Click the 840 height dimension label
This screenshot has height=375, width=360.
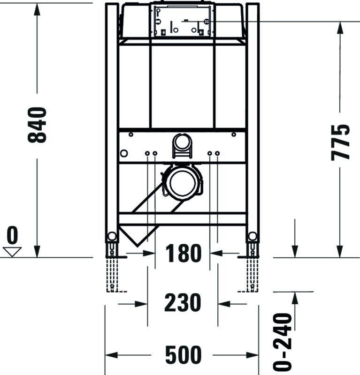point(37,125)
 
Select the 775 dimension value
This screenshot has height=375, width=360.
point(340,142)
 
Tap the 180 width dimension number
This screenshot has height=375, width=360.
point(184,253)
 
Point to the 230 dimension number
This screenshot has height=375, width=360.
point(183,302)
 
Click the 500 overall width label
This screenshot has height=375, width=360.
point(183,355)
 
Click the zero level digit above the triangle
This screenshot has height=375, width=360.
point(12,235)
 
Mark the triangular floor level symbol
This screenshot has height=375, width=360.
point(12,252)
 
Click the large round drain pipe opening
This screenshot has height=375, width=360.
point(183,182)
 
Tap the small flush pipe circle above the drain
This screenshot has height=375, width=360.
point(182,142)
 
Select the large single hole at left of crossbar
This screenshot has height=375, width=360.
point(124,153)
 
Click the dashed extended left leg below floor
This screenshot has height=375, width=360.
point(112,275)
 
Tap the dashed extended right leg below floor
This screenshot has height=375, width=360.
point(252,275)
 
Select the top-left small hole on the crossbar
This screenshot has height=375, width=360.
point(131,135)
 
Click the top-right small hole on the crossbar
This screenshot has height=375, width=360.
point(234,135)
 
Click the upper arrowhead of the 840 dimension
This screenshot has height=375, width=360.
point(37,9)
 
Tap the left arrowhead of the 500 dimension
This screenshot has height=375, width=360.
point(111,355)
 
